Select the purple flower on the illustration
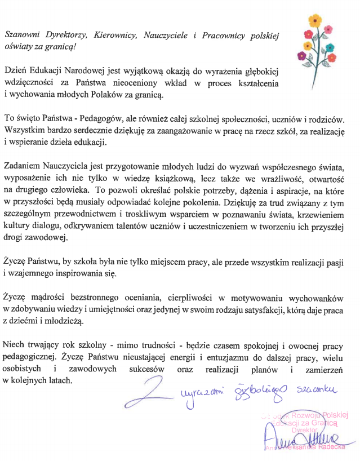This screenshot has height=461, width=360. [301, 56]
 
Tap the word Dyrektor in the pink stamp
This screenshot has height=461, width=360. [305, 429]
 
